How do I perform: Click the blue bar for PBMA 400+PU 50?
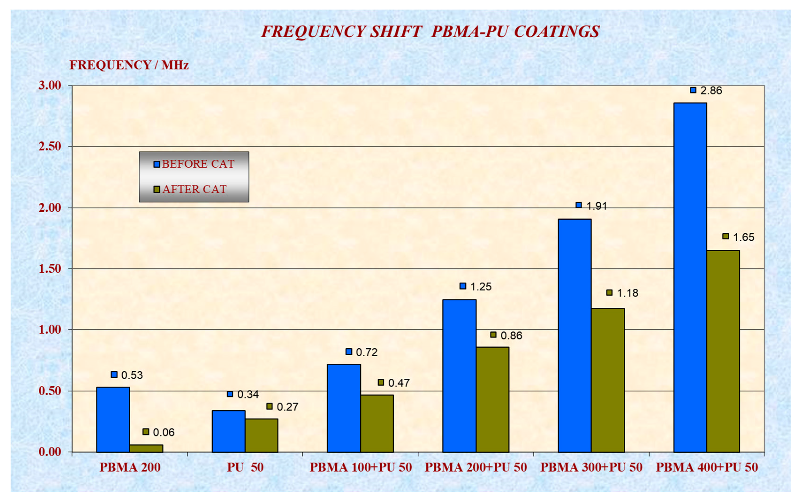click(x=690, y=277)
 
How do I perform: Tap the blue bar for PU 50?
click(x=228, y=431)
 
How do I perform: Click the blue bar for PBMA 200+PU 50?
click(x=459, y=376)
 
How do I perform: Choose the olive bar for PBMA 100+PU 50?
click(x=377, y=423)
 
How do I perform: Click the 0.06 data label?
click(x=163, y=432)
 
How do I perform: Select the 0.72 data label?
click(x=367, y=352)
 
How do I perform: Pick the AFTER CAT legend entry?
click(x=194, y=189)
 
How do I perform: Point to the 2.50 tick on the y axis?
click(x=50, y=147)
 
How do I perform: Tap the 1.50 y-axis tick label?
click(x=50, y=269)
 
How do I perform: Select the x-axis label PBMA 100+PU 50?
click(x=360, y=467)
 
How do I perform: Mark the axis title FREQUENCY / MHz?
click(x=129, y=65)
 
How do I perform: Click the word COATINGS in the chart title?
click(x=557, y=32)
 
